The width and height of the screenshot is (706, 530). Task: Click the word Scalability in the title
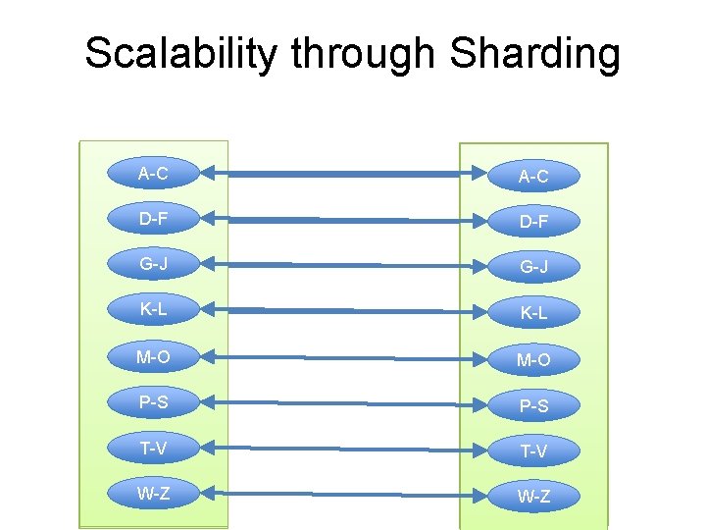point(180,53)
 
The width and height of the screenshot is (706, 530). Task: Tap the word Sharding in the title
point(535,53)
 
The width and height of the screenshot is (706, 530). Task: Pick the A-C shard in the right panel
point(533,177)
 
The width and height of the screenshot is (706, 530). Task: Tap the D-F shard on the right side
point(533,223)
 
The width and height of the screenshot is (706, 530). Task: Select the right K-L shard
point(533,314)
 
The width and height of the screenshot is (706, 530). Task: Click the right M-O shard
point(533,360)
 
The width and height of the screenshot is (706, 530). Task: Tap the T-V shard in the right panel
point(533,451)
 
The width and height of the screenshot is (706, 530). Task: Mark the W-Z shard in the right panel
point(533,497)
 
